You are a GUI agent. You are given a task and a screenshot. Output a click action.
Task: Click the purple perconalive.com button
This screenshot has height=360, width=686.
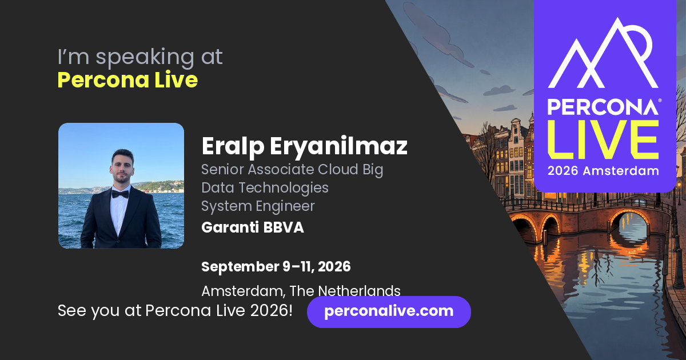[389, 311]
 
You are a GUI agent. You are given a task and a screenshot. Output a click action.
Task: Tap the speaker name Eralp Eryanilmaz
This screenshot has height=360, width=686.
[304, 147]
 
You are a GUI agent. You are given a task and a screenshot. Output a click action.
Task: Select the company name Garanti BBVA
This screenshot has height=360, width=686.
[253, 227]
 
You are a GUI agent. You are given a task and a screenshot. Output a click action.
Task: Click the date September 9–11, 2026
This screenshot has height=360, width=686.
[276, 267]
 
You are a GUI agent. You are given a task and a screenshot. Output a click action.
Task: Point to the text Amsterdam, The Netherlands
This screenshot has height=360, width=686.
[301, 291]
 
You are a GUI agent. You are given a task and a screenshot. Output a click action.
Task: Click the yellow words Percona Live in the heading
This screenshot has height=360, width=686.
[127, 80]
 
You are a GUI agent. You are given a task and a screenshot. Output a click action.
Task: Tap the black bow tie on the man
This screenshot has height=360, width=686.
[119, 194]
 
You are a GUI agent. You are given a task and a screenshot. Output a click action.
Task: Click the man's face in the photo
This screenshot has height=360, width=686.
[122, 167]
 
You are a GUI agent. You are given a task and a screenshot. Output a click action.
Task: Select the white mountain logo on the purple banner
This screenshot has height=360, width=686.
[603, 53]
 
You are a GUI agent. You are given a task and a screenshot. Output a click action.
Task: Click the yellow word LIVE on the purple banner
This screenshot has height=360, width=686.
[603, 139]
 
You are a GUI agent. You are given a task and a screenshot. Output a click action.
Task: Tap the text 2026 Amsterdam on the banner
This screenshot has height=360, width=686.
[603, 171]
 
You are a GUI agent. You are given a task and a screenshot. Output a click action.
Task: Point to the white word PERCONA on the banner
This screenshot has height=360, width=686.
[603, 107]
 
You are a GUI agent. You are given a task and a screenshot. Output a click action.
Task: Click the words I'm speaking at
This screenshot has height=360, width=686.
[140, 57]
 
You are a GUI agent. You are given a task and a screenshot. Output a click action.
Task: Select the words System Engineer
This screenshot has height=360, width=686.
[258, 206]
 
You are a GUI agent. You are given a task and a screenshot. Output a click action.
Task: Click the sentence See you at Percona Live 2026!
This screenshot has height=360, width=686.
[175, 310]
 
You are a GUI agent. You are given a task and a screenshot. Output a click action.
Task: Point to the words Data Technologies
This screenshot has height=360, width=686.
[265, 187]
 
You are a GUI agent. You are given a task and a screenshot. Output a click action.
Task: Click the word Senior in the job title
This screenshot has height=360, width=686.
[222, 169]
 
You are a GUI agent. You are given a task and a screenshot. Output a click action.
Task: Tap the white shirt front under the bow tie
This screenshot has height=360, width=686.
[118, 212]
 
